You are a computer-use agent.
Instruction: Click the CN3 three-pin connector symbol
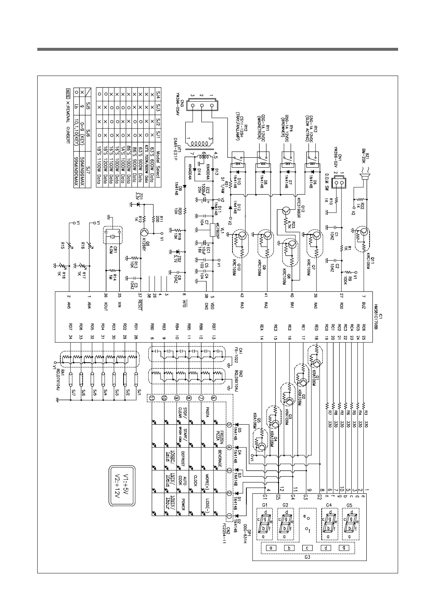201,106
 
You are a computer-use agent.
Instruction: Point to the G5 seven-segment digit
350,523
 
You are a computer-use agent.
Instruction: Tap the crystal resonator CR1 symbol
113,235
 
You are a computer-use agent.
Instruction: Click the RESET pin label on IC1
140,306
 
